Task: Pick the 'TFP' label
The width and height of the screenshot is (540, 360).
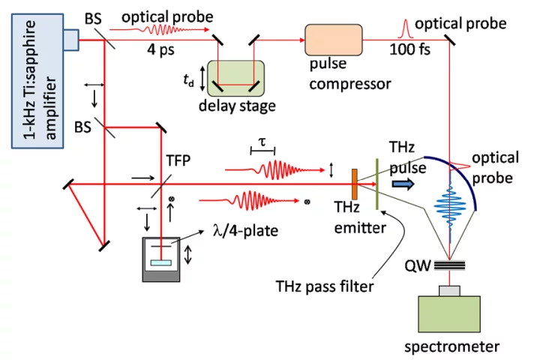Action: (178, 160)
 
